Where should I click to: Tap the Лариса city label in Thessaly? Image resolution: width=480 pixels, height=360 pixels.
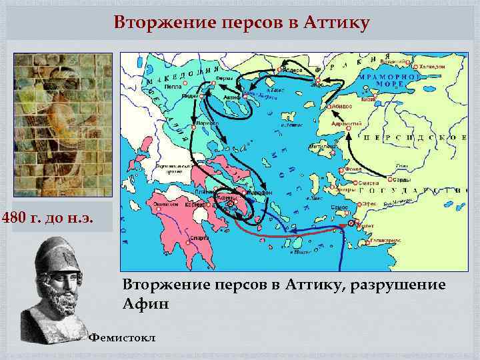tap(208, 123)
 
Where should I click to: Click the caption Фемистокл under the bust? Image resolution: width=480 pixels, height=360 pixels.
tap(123, 338)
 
